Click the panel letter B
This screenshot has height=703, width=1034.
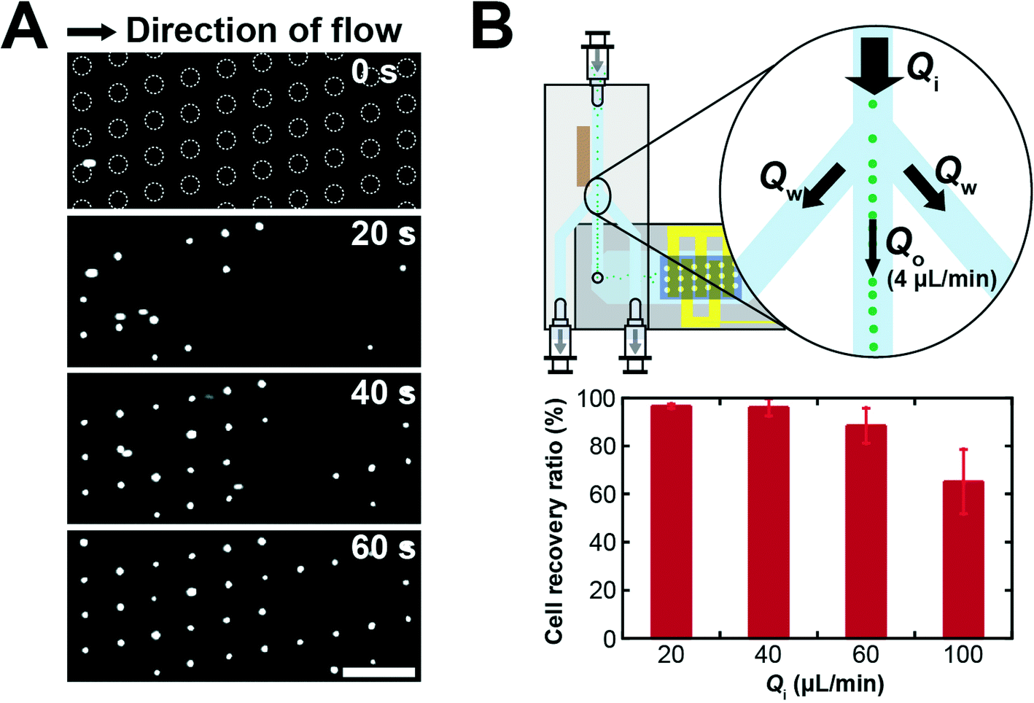[492, 27]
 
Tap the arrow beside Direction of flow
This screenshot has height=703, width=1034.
[91, 31]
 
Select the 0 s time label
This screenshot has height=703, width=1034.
[375, 73]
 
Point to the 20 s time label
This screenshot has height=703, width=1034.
[383, 233]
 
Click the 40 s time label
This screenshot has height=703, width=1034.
[383, 393]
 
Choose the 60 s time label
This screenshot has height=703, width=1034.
[383, 548]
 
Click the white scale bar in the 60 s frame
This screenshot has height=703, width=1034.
[378, 672]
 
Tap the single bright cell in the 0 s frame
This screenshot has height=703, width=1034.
[88, 163]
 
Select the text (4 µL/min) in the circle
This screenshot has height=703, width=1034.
[941, 279]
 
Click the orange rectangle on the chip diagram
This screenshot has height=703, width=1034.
[583, 156]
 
